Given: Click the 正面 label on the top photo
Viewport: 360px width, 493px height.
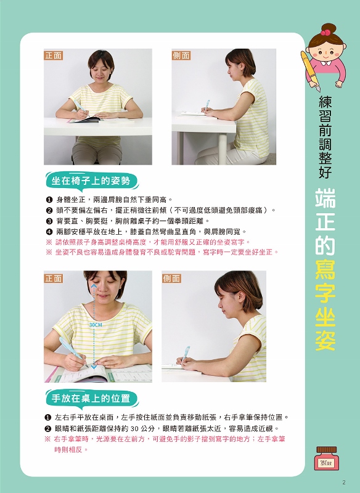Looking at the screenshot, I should coord(54,55).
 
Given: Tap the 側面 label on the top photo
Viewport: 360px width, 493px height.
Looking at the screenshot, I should coord(181,55).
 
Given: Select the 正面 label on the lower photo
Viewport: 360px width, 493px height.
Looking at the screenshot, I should coord(54,278).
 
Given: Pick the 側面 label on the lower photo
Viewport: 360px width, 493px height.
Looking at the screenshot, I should coord(171,278).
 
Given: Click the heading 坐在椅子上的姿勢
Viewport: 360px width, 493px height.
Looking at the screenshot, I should coord(91,181).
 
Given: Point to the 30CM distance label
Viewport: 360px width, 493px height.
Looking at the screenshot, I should coord(96,324).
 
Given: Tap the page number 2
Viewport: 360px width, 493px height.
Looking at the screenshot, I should coord(343,481).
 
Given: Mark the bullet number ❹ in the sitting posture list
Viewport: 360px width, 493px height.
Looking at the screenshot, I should coord(49,232).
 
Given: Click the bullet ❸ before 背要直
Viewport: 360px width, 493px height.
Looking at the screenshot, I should coord(49,221).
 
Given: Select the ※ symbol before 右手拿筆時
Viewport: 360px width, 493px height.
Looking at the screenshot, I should coord(48,439).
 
